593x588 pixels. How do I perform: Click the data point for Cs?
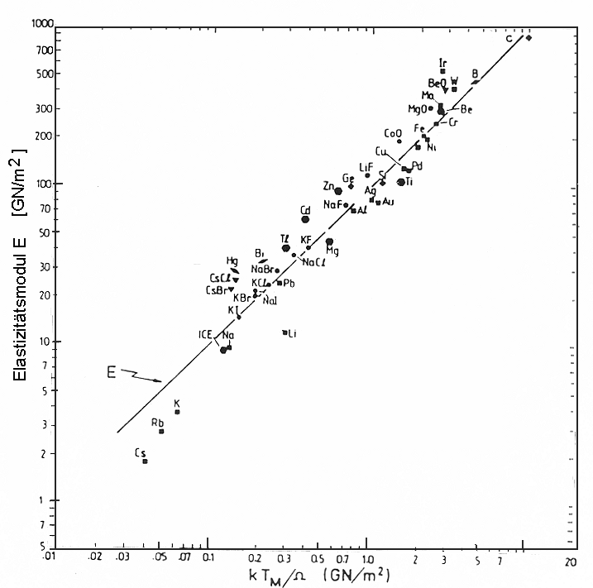pyautogui.click(x=145, y=461)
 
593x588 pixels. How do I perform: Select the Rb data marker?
pyautogui.click(x=161, y=431)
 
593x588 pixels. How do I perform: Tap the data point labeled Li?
pyautogui.click(x=285, y=332)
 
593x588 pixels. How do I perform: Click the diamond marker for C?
pyautogui.click(x=528, y=38)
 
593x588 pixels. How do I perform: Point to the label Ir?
pyautogui.click(x=443, y=62)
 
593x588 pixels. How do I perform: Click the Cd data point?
pyautogui.click(x=305, y=219)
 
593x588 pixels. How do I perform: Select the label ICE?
pyautogui.click(x=206, y=334)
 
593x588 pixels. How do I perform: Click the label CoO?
pyautogui.click(x=393, y=133)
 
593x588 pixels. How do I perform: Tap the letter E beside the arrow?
pyautogui.click(x=110, y=371)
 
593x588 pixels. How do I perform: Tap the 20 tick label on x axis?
pyautogui.click(x=571, y=561)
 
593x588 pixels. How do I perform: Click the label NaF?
pyautogui.click(x=334, y=204)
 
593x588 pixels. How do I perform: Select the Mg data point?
pyautogui.click(x=329, y=241)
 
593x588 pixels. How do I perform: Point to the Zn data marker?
pyautogui.click(x=338, y=191)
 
